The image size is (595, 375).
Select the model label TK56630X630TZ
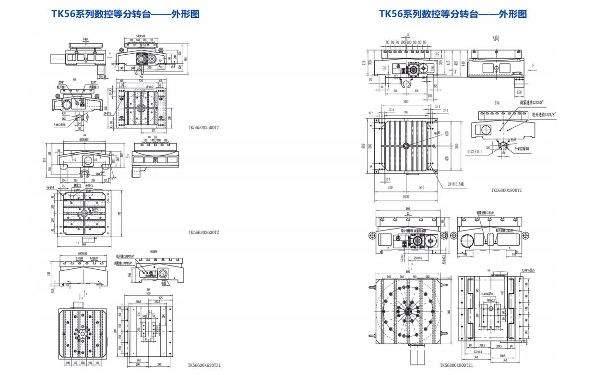point(204,232)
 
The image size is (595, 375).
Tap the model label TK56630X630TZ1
point(204,365)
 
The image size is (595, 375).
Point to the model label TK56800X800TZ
point(506,190)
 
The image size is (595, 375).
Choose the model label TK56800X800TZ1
point(456,365)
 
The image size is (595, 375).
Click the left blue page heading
point(125,14)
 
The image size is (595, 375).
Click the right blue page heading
point(453,14)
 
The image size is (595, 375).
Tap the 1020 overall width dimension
point(406,196)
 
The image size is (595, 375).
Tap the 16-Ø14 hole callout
point(52,187)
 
